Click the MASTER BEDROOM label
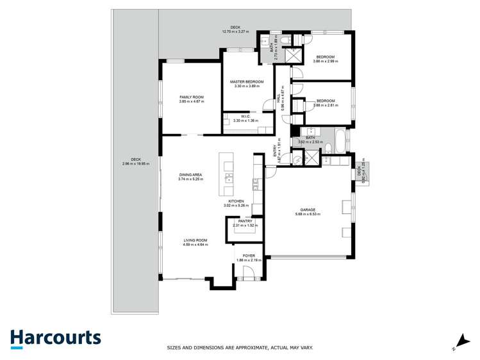[247, 82]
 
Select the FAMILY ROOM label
[191, 97]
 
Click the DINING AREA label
[191, 175]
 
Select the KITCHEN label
[235, 201]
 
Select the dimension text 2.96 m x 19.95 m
[135, 163]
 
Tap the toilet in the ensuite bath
[287, 40]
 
